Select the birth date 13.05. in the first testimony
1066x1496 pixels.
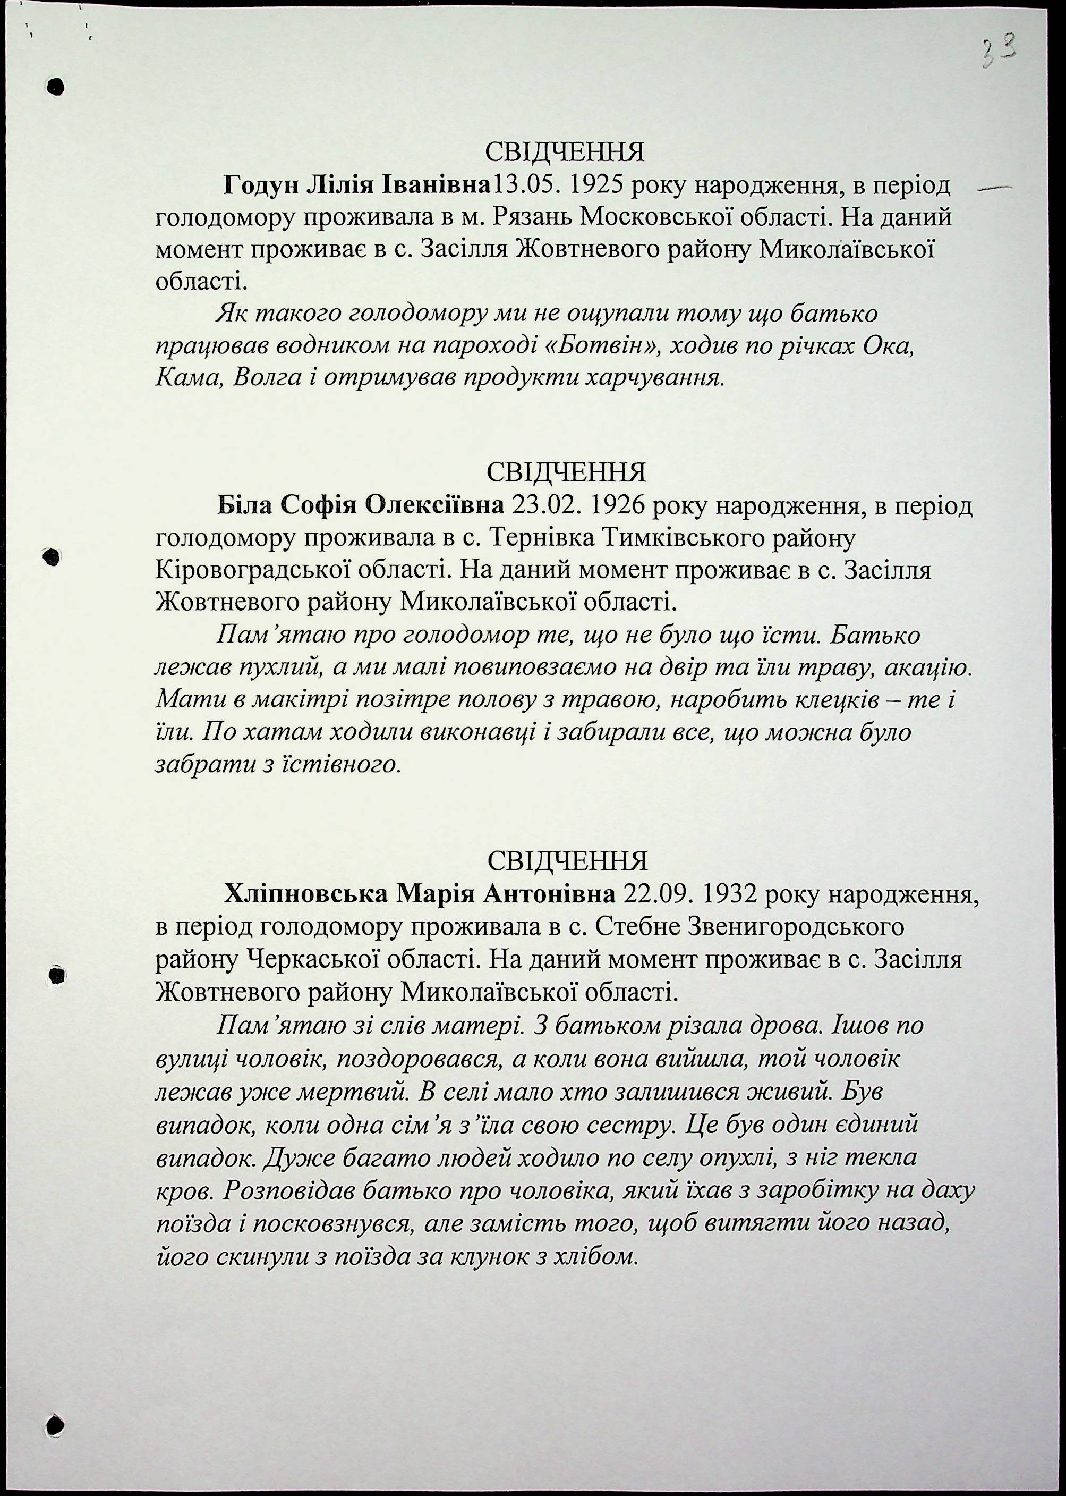tap(524, 186)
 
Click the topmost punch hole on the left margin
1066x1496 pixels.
tap(56, 86)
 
